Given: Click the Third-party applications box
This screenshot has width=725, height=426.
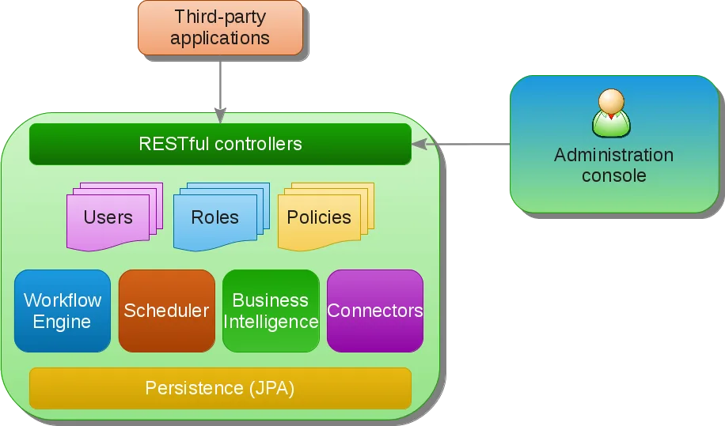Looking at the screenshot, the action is point(221,28).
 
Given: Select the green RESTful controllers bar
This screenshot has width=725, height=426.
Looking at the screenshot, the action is point(220,144).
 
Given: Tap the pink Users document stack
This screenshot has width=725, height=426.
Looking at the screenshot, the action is point(115,217).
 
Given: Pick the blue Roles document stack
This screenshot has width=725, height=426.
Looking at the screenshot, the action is point(222,217).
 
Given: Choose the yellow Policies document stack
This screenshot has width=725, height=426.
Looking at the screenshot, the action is point(326,217).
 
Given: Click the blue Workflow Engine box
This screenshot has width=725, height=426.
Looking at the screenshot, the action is point(63,311).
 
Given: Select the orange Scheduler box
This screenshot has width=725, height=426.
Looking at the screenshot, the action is point(167,311).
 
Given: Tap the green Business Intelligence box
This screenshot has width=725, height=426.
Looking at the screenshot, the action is point(271,311).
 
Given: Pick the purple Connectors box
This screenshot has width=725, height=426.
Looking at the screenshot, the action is point(375,311).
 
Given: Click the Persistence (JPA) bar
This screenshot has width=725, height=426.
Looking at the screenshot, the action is point(220,388).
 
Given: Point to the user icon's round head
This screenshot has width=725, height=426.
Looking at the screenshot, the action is point(611,101).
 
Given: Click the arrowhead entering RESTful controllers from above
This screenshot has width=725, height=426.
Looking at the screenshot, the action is point(220,116).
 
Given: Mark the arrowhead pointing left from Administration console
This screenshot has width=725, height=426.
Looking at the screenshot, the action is point(419,144).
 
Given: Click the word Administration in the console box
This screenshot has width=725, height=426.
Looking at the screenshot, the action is point(613,155).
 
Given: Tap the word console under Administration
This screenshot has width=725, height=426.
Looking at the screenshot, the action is point(613,175).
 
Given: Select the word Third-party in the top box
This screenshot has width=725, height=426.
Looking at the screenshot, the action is point(220,17).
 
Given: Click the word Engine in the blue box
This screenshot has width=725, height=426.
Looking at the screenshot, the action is point(62,322).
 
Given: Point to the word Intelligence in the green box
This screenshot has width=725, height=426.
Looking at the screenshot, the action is point(271,322).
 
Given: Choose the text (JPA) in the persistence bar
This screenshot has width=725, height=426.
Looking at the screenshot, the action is point(272,389).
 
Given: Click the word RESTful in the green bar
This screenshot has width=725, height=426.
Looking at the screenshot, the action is point(174,144).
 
